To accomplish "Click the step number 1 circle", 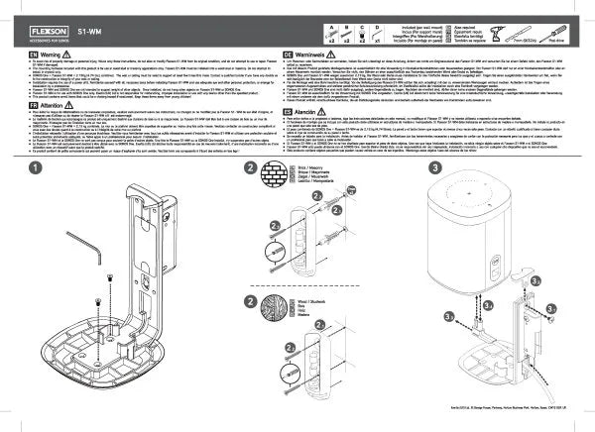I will point(36,169).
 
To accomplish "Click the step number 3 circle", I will point(408,169).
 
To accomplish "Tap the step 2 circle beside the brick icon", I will point(248,170).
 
